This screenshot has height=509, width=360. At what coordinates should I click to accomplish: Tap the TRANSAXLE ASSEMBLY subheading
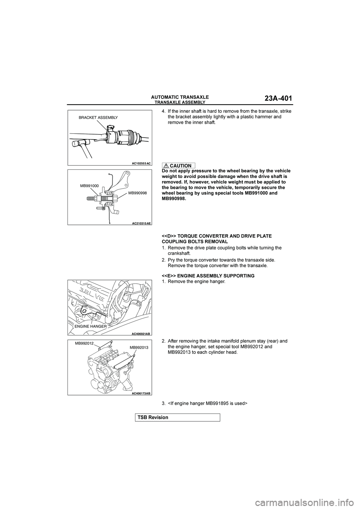click(180, 102)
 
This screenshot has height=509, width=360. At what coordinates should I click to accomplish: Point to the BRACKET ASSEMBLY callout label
click(98, 118)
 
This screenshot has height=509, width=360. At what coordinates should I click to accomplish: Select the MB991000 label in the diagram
click(89, 186)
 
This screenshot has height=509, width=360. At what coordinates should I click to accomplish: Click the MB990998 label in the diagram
click(137, 192)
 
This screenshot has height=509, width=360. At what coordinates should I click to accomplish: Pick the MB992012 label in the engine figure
click(84, 343)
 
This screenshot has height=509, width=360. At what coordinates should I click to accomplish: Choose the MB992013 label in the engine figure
click(139, 348)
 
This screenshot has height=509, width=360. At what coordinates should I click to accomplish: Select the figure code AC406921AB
click(141, 333)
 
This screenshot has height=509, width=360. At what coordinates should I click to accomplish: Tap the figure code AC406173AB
click(141, 393)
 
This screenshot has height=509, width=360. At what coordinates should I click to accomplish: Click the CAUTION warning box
click(178, 166)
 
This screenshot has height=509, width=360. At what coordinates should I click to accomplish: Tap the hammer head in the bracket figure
click(79, 142)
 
